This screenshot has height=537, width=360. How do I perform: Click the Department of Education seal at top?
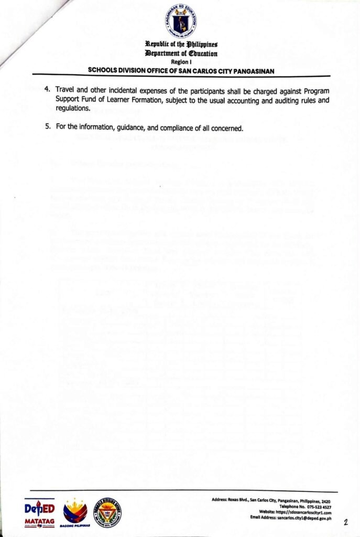(x=181, y=20)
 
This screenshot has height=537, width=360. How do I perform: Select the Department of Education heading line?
(x=181, y=54)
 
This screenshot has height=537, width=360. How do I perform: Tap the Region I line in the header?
(x=181, y=61)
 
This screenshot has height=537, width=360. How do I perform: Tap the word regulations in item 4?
(x=73, y=109)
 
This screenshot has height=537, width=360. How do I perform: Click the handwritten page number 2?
(x=346, y=522)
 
